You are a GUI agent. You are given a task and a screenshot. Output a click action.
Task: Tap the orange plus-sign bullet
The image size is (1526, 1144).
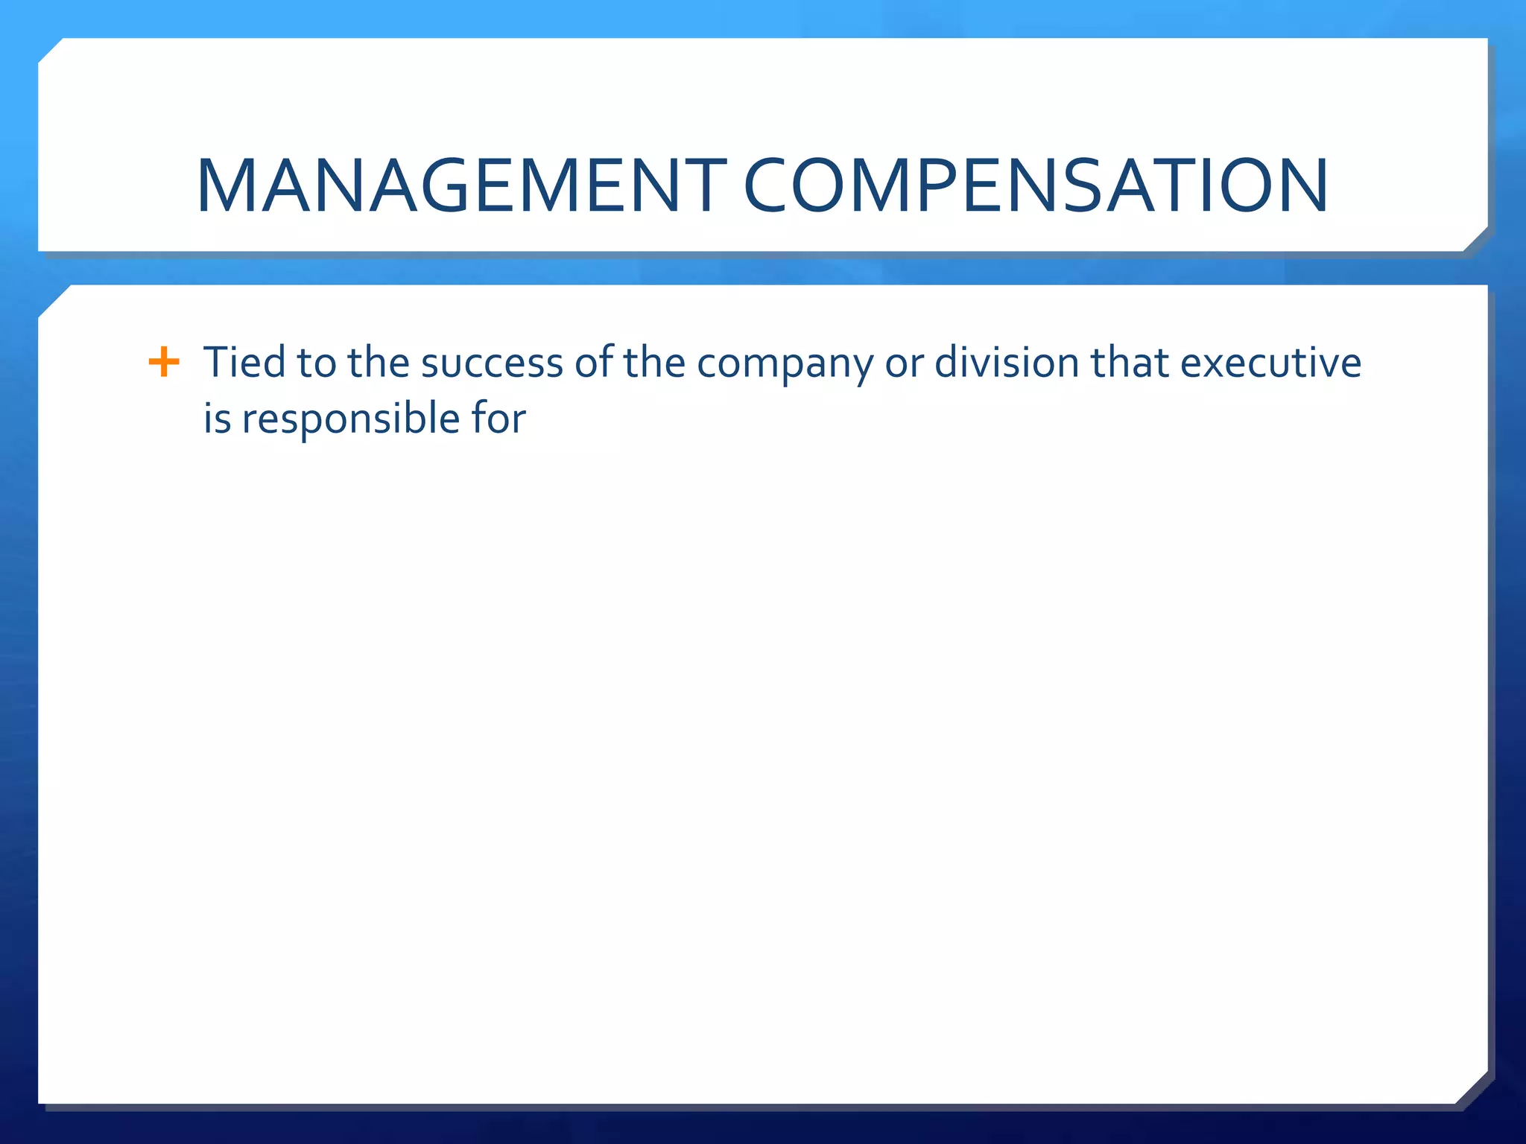tap(164, 363)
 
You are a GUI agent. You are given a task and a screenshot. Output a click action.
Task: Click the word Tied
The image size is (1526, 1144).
tap(244, 363)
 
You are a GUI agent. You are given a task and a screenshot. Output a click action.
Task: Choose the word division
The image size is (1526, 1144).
tap(1007, 363)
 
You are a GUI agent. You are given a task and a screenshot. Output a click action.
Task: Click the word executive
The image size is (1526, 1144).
tap(1270, 363)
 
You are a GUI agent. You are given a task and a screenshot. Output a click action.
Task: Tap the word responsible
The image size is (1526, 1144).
tap(350, 419)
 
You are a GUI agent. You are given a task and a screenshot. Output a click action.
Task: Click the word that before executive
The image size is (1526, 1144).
tap(1130, 363)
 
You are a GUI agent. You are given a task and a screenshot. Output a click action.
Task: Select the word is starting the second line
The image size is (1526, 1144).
tap(217, 418)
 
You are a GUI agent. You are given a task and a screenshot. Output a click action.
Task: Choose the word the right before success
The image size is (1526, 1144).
tap(378, 363)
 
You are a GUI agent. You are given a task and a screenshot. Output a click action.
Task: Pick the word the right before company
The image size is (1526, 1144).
tap(653, 363)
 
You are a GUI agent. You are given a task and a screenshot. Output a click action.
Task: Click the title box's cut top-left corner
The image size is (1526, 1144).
tap(51, 51)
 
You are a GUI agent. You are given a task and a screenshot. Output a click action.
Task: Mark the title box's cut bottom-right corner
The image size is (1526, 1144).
tap(1475, 238)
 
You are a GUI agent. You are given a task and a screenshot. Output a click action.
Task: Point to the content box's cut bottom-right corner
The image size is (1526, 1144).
tap(1471, 1087)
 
